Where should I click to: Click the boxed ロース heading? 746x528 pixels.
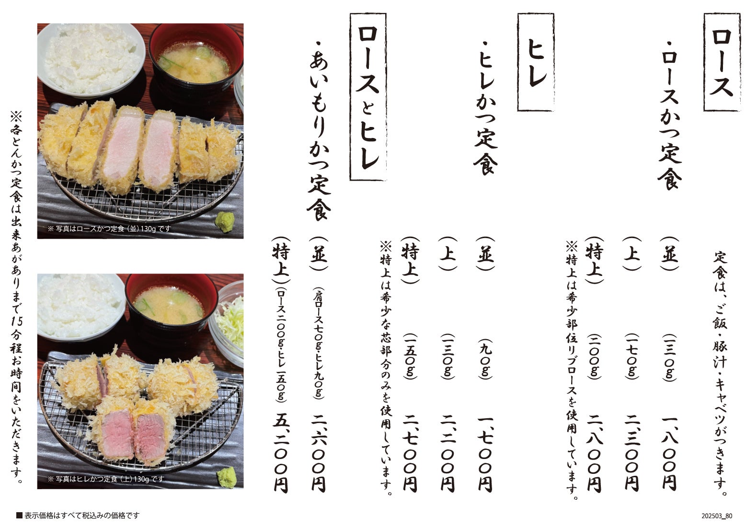click(722, 62)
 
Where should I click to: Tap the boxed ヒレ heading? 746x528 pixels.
click(536, 62)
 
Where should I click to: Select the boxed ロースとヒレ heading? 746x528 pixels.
click(368, 97)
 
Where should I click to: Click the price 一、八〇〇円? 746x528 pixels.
click(670, 454)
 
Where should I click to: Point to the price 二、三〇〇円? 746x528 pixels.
click(632, 454)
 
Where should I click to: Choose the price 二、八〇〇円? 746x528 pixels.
click(595, 454)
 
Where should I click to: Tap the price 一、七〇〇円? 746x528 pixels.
click(485, 454)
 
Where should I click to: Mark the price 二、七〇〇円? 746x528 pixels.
click(410, 454)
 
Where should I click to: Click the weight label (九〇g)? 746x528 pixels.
click(485, 358)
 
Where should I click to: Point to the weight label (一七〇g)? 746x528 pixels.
click(632, 356)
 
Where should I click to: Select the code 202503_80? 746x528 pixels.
click(717, 516)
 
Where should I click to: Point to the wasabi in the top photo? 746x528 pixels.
click(225, 221)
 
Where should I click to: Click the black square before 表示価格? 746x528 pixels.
click(19, 516)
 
